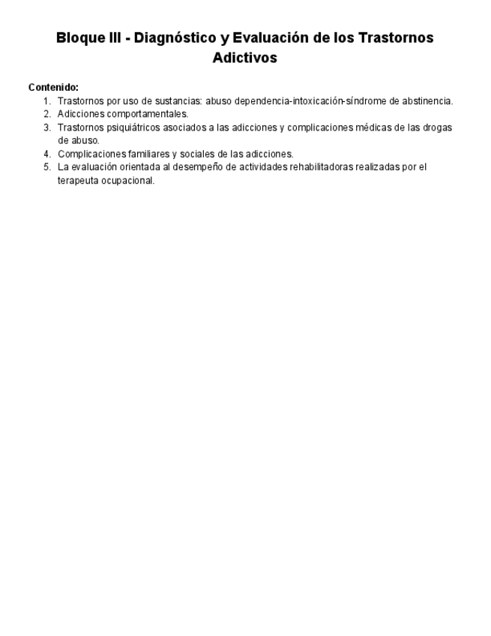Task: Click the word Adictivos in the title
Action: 244,58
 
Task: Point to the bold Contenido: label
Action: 53,87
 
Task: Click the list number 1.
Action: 46,100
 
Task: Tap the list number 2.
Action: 46,114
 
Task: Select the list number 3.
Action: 46,127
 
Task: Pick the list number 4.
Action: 46,154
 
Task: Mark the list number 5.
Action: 46,167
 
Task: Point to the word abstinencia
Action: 427,100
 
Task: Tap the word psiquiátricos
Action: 128,127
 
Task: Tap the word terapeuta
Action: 77,181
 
